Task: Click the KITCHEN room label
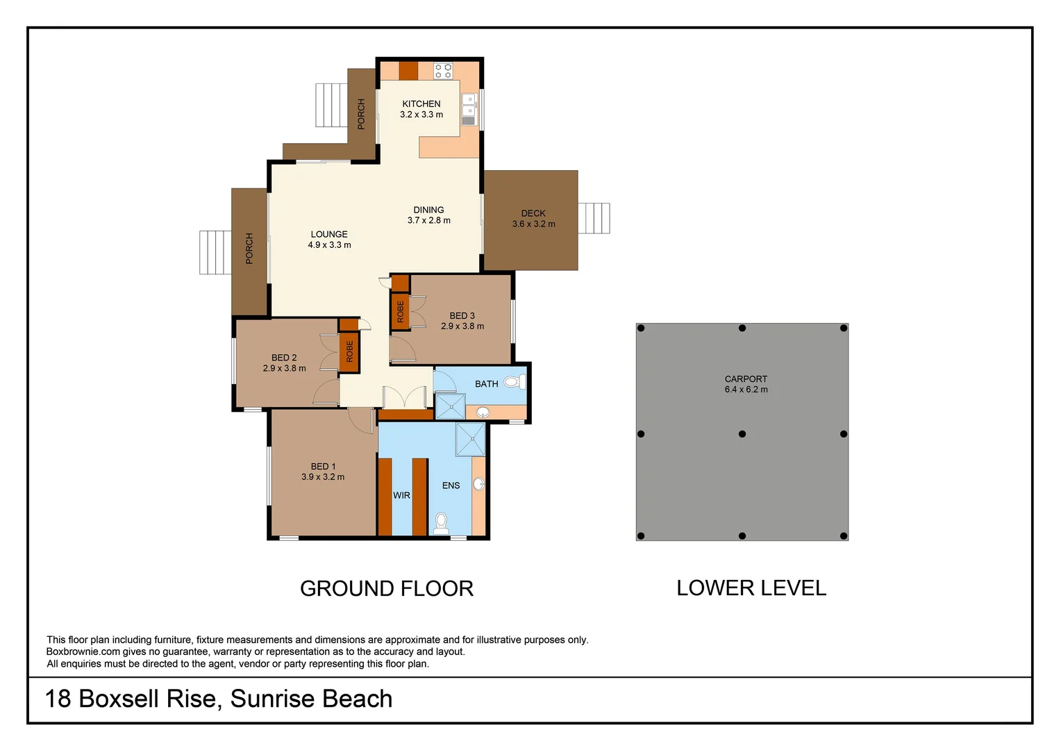click(421, 104)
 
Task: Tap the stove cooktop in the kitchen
click(443, 70)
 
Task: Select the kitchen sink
click(469, 105)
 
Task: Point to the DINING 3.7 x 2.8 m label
click(428, 215)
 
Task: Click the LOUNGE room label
click(329, 235)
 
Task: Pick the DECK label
click(533, 213)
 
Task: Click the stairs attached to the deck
click(594, 218)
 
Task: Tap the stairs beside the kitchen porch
click(331, 105)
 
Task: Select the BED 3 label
click(462, 316)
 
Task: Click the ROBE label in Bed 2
click(349, 351)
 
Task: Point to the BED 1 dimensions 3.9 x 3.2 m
click(323, 477)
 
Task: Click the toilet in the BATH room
click(512, 381)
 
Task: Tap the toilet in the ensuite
click(441, 522)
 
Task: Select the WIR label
click(401, 495)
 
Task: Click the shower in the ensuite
click(470, 439)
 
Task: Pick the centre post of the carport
click(742, 434)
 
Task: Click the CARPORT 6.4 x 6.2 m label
click(746, 384)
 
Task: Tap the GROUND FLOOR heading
click(386, 589)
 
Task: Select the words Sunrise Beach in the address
click(311, 699)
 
